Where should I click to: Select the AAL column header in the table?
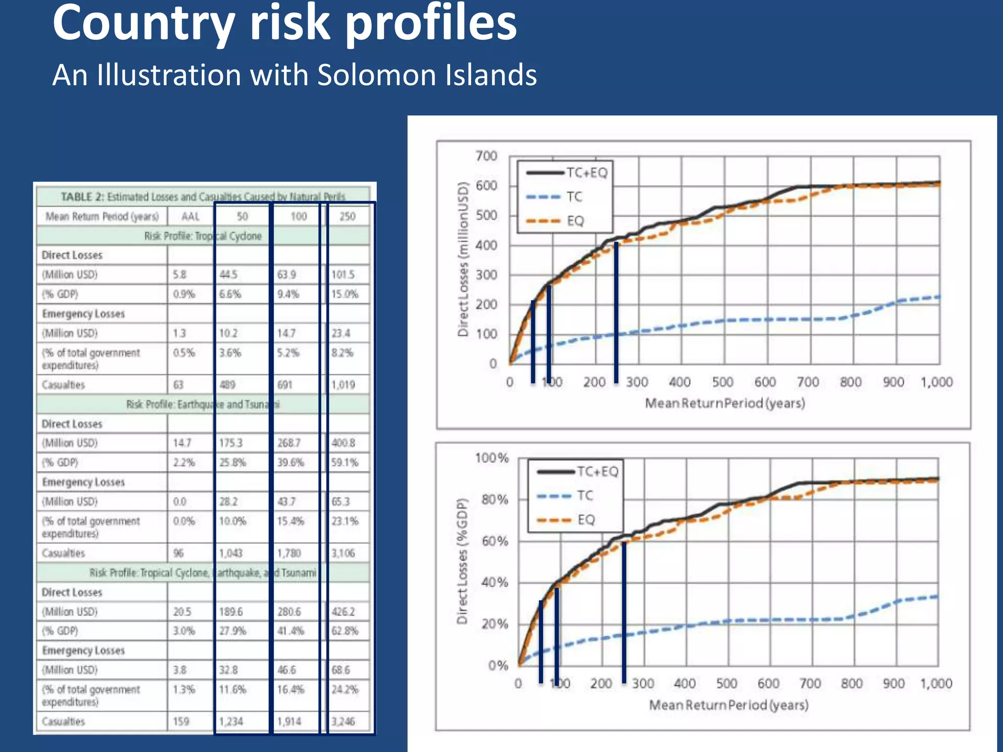coord(191,216)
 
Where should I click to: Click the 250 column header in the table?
coord(347,216)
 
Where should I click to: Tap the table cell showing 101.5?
coord(343,275)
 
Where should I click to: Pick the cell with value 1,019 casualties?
coord(343,385)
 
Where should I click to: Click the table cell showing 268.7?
coord(289,443)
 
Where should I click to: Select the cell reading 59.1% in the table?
coord(345,463)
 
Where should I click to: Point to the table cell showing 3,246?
coord(343,722)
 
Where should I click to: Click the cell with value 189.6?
coord(231,612)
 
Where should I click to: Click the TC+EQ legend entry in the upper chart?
coord(587,173)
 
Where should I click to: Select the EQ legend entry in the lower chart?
coord(586,520)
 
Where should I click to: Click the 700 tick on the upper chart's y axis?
coord(486,156)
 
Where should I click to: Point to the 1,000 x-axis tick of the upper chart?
coord(936,382)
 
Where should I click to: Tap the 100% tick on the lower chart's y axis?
coord(492,458)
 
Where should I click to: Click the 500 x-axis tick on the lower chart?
coord(727,683)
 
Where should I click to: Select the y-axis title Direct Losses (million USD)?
coord(463,259)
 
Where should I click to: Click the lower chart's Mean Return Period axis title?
coord(729,705)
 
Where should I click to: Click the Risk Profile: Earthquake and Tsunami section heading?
coord(203,404)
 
